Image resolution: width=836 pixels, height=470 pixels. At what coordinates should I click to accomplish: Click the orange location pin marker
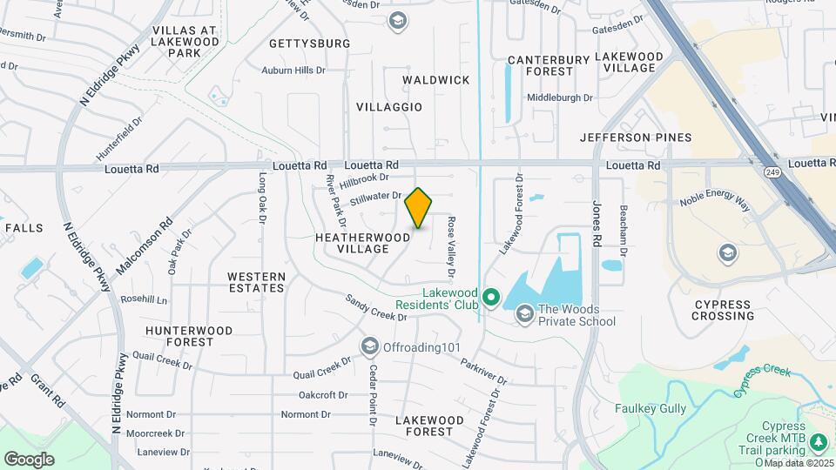pyautogui.click(x=418, y=208)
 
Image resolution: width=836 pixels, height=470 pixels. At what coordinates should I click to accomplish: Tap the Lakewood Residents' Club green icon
pyautogui.click(x=490, y=299)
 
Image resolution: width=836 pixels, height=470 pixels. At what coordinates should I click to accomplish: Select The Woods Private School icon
pyautogui.click(x=524, y=313)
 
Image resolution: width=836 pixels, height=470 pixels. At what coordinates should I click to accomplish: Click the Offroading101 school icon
pyautogui.click(x=369, y=347)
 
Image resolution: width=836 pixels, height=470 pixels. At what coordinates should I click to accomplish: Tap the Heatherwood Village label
pyautogui.click(x=363, y=243)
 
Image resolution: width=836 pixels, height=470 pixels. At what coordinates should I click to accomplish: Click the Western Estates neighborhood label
pyautogui.click(x=256, y=282)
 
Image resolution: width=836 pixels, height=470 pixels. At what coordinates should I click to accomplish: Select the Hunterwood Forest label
pyautogui.click(x=190, y=336)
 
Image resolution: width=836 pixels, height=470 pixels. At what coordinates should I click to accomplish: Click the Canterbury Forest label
pyautogui.click(x=549, y=66)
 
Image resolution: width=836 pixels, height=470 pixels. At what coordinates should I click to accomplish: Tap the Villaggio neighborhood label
pyautogui.click(x=389, y=107)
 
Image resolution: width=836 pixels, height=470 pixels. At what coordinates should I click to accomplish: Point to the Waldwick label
pyautogui.click(x=436, y=80)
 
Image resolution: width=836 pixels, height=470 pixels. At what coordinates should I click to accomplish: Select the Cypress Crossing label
pyautogui.click(x=724, y=310)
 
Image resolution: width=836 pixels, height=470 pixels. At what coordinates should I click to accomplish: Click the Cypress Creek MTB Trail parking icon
pyautogui.click(x=818, y=443)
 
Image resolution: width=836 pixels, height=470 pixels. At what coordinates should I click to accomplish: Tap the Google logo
pyautogui.click(x=29, y=459)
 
